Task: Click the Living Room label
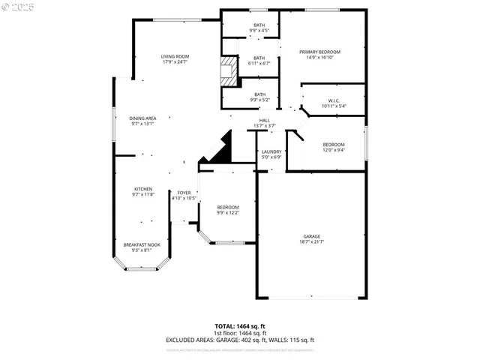pyautogui.click(x=175, y=59)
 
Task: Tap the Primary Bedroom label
pyautogui.click(x=320, y=55)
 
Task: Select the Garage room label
pyautogui.click(x=311, y=239)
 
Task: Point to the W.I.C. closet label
pyautogui.click(x=334, y=103)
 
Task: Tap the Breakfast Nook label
pyautogui.click(x=141, y=247)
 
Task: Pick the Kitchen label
pyautogui.click(x=143, y=191)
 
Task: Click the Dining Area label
pyautogui.click(x=142, y=121)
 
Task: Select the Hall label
pyautogui.click(x=265, y=123)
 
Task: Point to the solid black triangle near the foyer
pyautogui.click(x=220, y=149)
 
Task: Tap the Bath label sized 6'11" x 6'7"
pyautogui.click(x=259, y=61)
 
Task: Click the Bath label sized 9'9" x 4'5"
pyautogui.click(x=259, y=28)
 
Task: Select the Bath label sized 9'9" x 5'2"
pyautogui.click(x=259, y=97)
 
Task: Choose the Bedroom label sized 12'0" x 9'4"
pyautogui.click(x=334, y=147)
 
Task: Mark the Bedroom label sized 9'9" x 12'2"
pyautogui.click(x=228, y=210)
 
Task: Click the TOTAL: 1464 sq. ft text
pyautogui.click(x=239, y=327)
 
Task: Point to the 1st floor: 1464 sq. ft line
pyautogui.click(x=239, y=334)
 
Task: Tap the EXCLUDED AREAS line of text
pyautogui.click(x=239, y=340)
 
